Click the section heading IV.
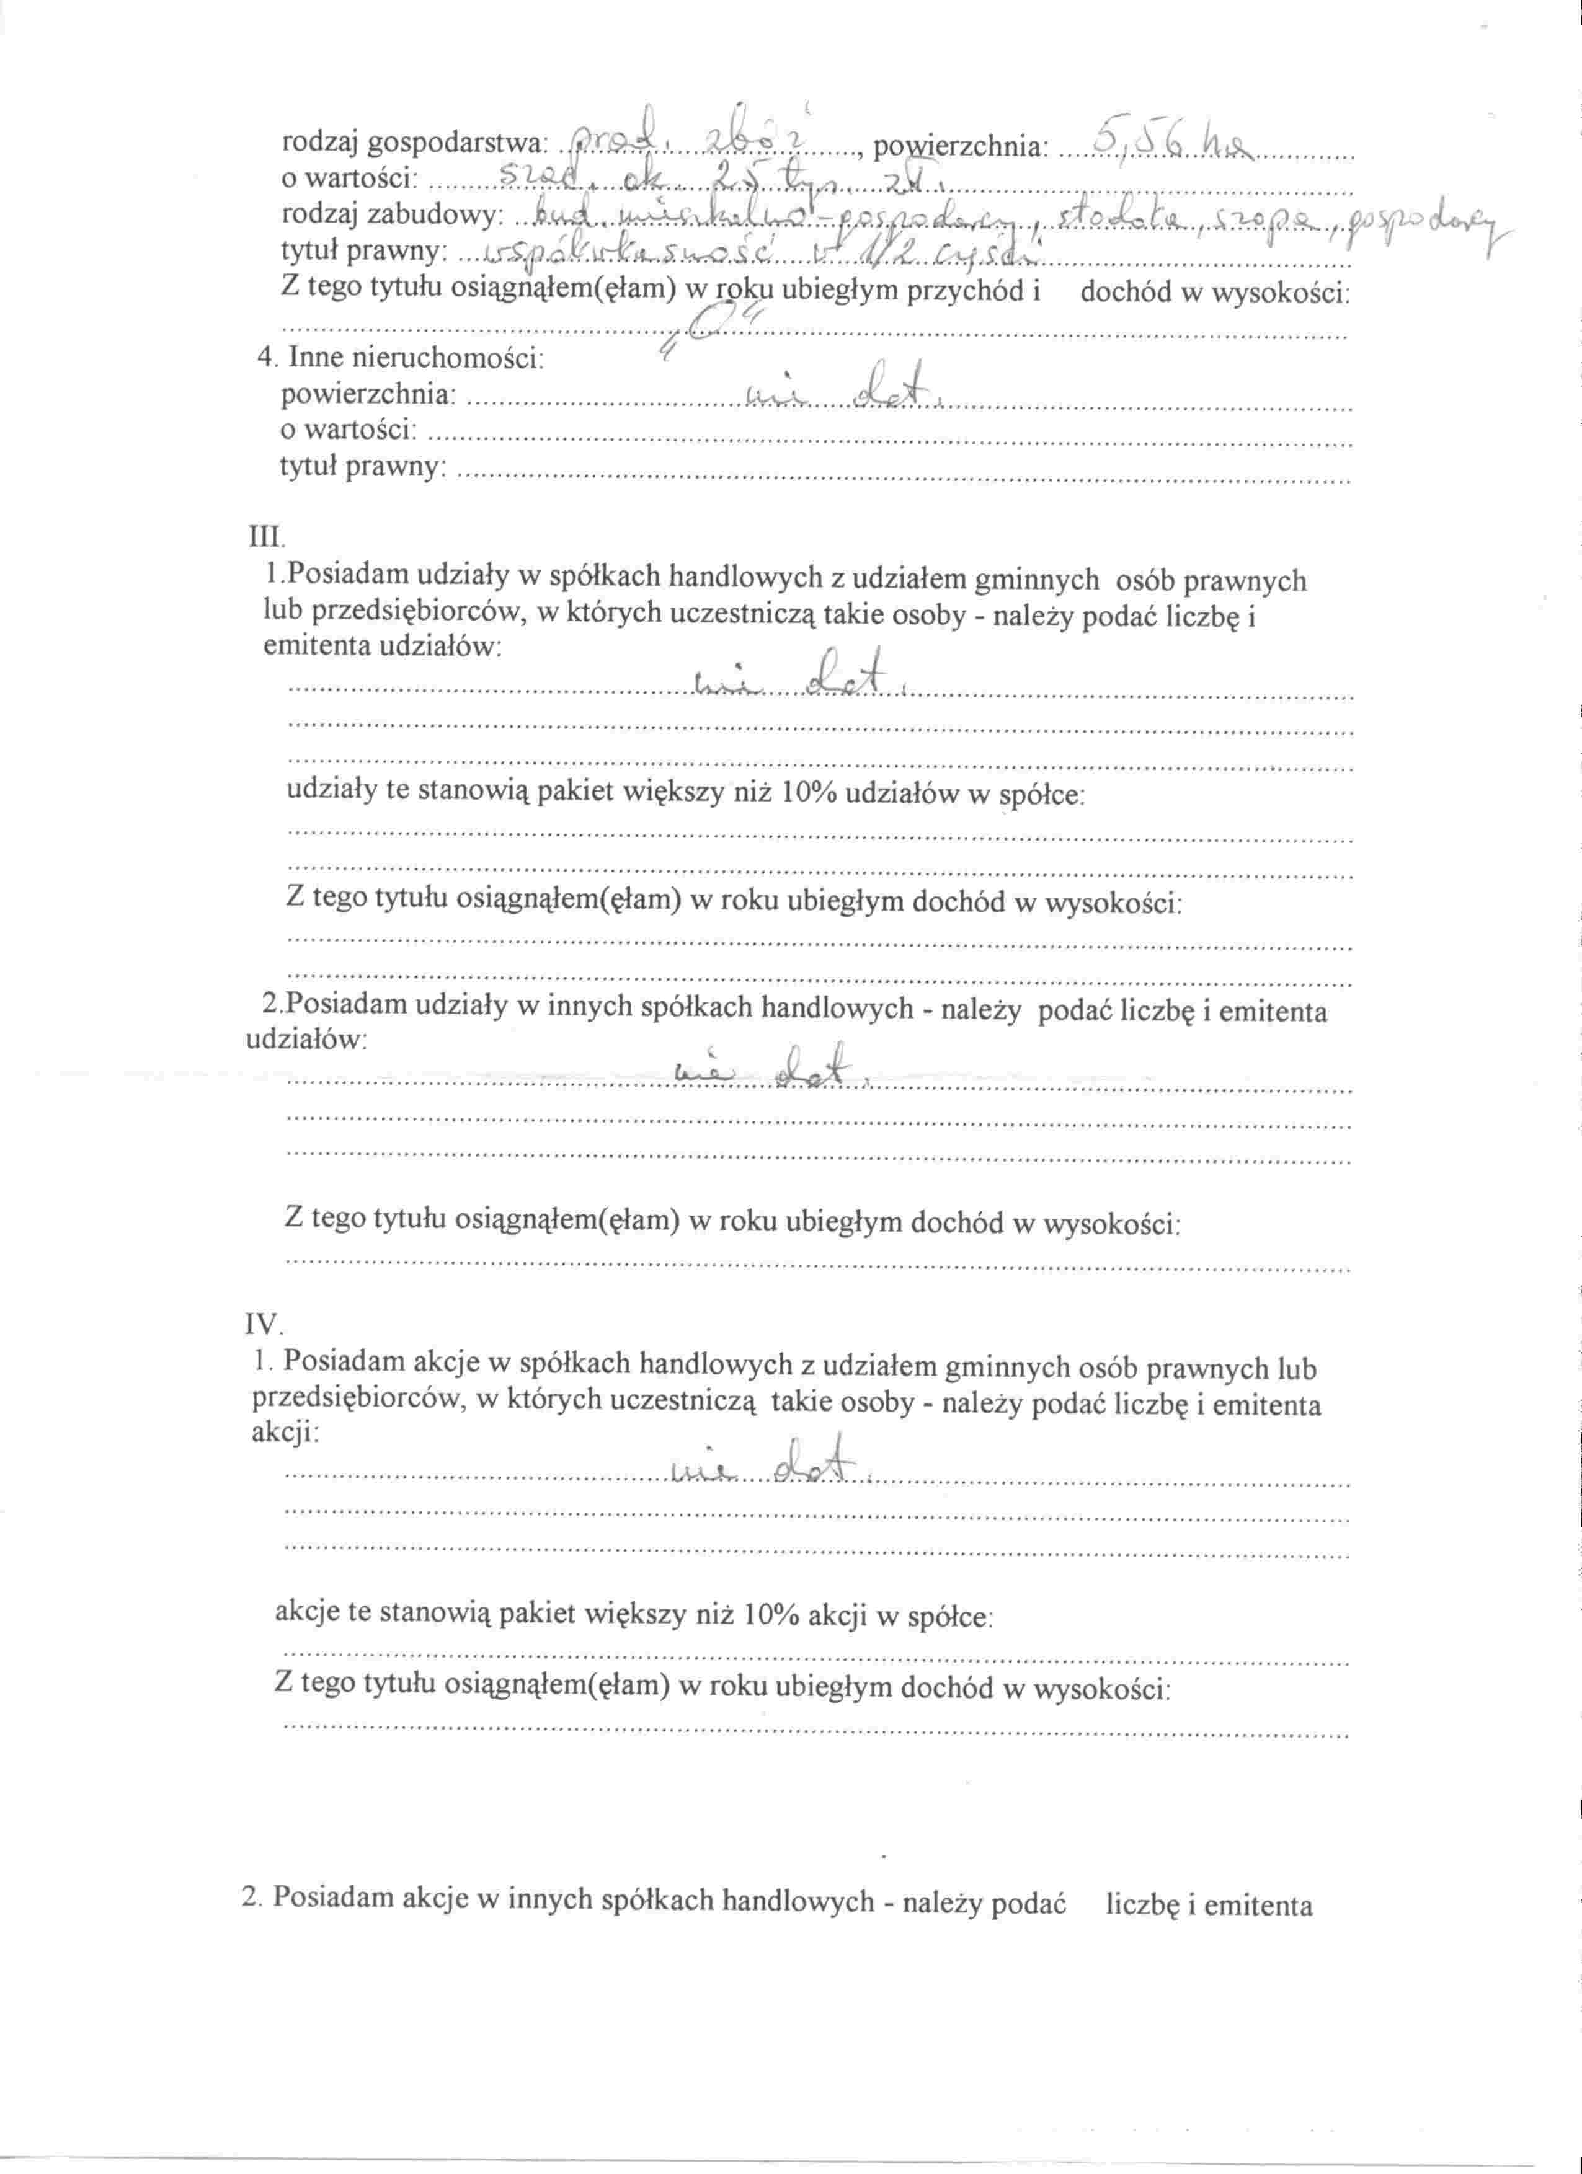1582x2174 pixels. [265, 1327]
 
